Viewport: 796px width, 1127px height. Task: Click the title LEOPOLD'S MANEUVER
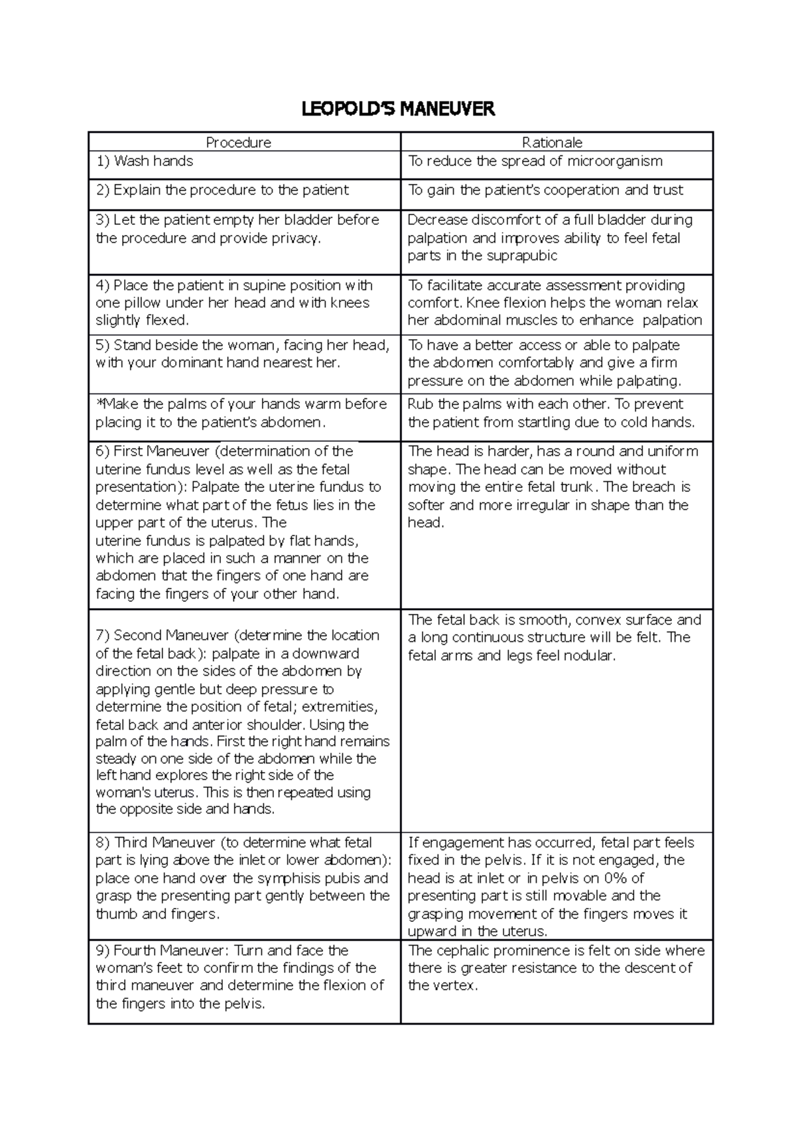tap(398, 109)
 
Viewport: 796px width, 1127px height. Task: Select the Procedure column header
tap(238, 142)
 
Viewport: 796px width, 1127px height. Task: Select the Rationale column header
tap(552, 142)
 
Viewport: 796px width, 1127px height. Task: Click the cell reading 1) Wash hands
tap(145, 161)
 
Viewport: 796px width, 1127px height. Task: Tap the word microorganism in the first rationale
tap(614, 161)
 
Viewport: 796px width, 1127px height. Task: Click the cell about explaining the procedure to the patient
tap(222, 190)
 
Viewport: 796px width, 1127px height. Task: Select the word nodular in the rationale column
tap(592, 656)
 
